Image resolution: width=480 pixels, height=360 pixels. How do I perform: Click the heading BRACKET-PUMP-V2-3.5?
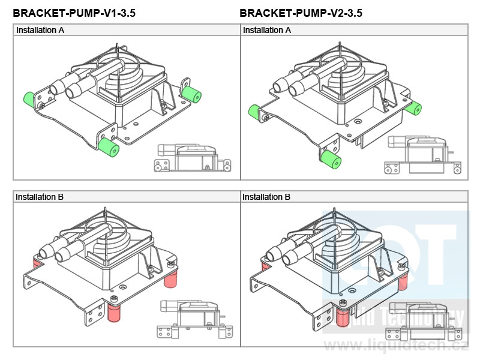tap(301, 13)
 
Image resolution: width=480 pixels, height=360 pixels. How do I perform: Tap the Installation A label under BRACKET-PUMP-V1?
tap(40, 30)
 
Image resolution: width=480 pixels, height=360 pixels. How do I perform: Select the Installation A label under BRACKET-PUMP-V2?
tap(267, 30)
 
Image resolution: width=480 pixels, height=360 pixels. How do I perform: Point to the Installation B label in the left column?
tap(40, 197)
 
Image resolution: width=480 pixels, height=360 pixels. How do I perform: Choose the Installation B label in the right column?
tap(266, 197)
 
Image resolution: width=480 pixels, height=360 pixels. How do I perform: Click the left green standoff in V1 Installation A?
tap(28, 100)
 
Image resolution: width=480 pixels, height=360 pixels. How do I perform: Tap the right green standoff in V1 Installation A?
tap(192, 94)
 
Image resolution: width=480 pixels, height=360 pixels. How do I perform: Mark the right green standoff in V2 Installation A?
tap(413, 107)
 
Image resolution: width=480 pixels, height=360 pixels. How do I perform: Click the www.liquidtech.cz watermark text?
tap(397, 345)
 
